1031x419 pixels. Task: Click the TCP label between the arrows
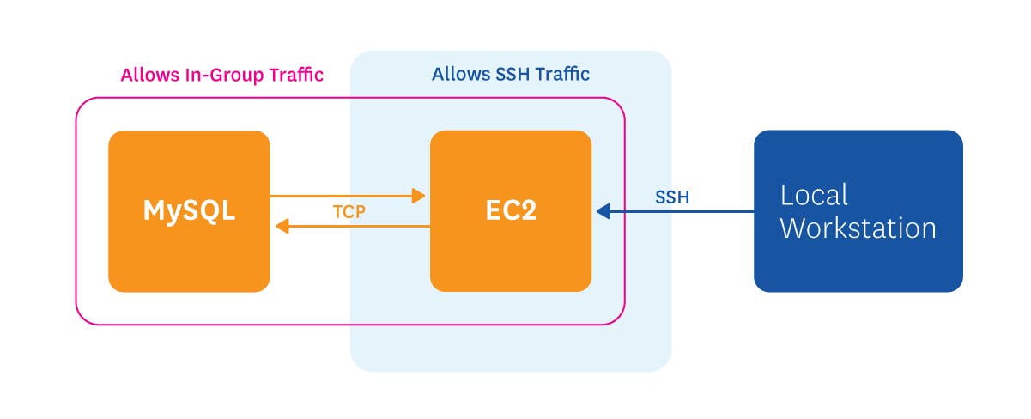click(x=349, y=211)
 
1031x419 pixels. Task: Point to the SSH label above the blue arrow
click(x=672, y=197)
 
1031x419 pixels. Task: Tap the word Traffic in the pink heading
click(x=295, y=75)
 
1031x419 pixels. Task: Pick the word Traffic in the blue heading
click(x=562, y=74)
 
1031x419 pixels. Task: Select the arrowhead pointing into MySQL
click(x=282, y=226)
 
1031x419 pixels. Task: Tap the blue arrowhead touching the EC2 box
click(x=603, y=210)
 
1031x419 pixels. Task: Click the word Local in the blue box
click(x=814, y=195)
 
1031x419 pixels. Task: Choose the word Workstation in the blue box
click(x=858, y=228)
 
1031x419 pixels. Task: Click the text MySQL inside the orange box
click(x=189, y=211)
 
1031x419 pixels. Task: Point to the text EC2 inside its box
click(x=510, y=211)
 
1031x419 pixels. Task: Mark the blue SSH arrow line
click(x=687, y=210)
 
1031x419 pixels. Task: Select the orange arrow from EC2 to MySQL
click(x=361, y=226)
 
